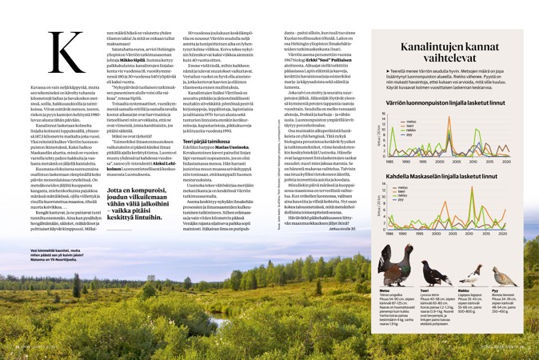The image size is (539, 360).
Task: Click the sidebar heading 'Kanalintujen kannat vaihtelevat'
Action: click(x=454, y=58)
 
